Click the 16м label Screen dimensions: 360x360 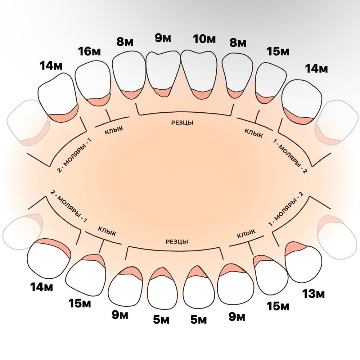point(89,52)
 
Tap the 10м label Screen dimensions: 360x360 point(204,39)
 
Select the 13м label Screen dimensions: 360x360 point(313,294)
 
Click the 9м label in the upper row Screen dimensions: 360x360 point(163,39)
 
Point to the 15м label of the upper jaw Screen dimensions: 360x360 point(278,52)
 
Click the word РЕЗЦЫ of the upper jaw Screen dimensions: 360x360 point(182,123)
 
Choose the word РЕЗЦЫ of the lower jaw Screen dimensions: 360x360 point(177,242)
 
